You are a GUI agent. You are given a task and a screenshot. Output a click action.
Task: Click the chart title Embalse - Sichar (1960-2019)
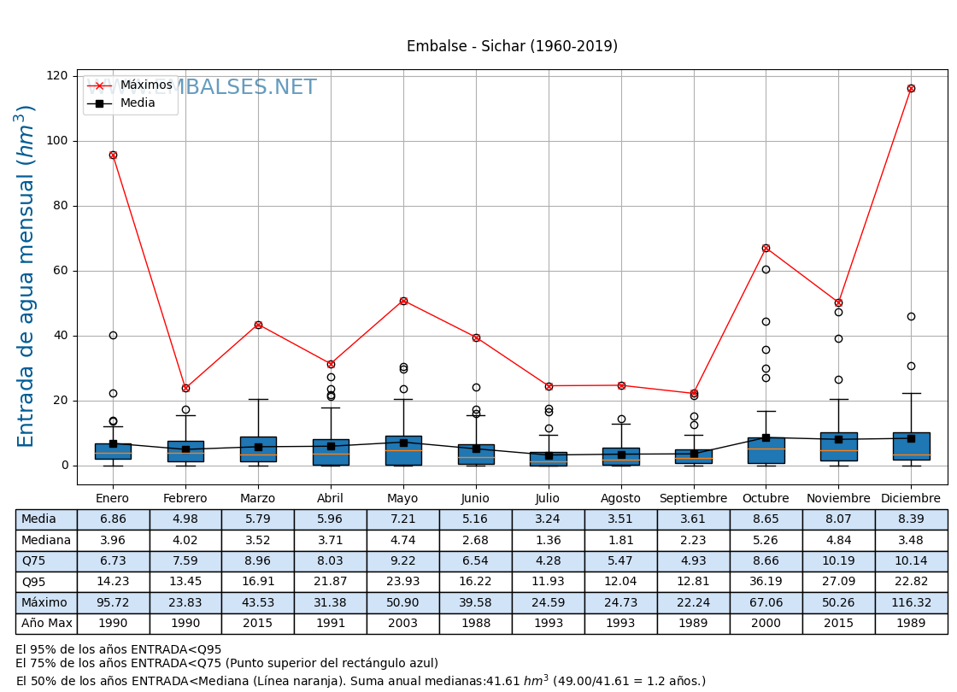(512, 47)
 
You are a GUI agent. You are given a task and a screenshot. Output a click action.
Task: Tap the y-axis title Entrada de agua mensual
(26, 276)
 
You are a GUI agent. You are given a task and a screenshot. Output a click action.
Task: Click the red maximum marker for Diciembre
(911, 88)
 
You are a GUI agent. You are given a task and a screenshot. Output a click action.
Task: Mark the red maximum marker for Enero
(113, 155)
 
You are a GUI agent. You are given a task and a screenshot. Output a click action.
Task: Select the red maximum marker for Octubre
(766, 248)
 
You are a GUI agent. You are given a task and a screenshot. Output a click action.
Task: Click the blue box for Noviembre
(838, 447)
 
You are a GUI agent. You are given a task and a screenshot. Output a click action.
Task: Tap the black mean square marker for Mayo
(403, 443)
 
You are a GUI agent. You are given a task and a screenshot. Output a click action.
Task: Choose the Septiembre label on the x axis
(693, 499)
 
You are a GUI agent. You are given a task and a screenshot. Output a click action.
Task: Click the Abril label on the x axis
(331, 499)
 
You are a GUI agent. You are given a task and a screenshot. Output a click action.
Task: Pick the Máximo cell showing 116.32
(911, 603)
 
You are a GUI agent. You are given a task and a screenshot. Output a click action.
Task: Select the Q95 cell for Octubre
(766, 582)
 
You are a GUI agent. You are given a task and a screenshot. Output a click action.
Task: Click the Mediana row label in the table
(46, 540)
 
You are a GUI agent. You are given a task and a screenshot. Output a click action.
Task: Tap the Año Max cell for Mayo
(403, 624)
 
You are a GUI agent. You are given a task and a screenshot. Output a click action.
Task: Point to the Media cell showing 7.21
(403, 519)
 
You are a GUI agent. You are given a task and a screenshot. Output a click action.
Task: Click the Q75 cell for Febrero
(185, 561)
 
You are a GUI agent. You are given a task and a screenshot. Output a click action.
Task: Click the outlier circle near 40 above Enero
(113, 335)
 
